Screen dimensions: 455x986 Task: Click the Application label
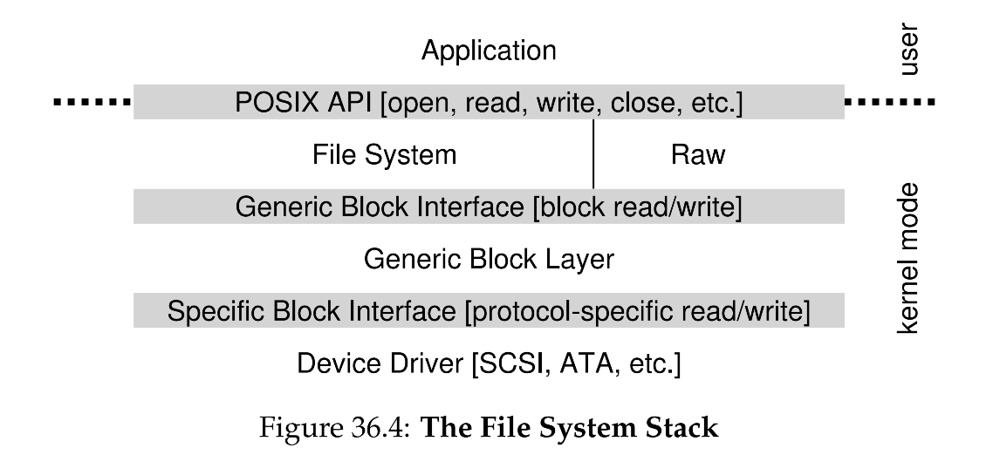coord(489,51)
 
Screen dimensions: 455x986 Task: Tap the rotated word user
coord(910,50)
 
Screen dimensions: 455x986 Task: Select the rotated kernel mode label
coord(910,258)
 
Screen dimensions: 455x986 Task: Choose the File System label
coord(384,155)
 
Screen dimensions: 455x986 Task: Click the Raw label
coord(698,155)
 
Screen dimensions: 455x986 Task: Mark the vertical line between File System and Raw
coord(593,154)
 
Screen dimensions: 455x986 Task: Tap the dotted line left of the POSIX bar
coord(91,103)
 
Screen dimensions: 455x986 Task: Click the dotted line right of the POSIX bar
coord(891,103)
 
